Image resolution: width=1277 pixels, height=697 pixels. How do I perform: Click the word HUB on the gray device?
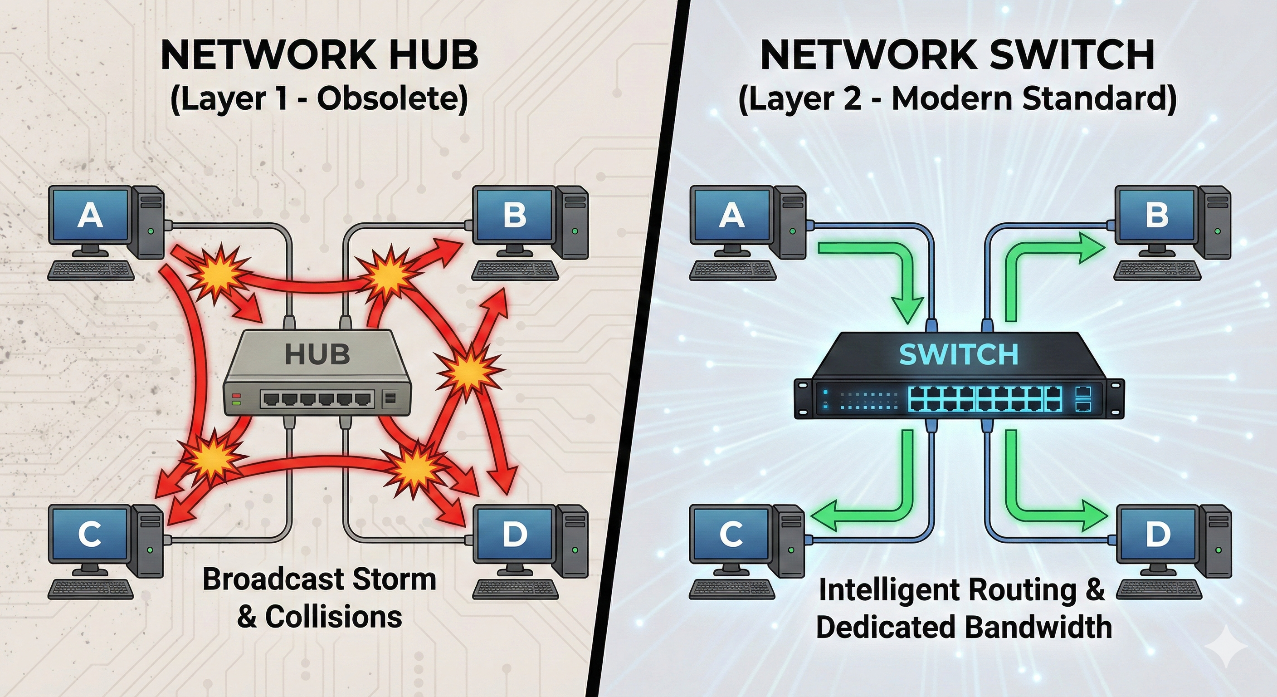(317, 354)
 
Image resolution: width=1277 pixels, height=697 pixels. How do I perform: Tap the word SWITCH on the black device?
(958, 354)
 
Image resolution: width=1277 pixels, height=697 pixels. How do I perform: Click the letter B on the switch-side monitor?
(1156, 215)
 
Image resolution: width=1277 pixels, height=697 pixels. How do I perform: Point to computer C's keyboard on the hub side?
(91, 589)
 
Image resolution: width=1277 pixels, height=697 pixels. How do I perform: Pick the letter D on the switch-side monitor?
(1158, 534)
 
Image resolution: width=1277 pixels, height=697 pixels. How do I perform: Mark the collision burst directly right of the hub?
(467, 369)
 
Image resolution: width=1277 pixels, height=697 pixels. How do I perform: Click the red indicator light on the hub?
(236, 396)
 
